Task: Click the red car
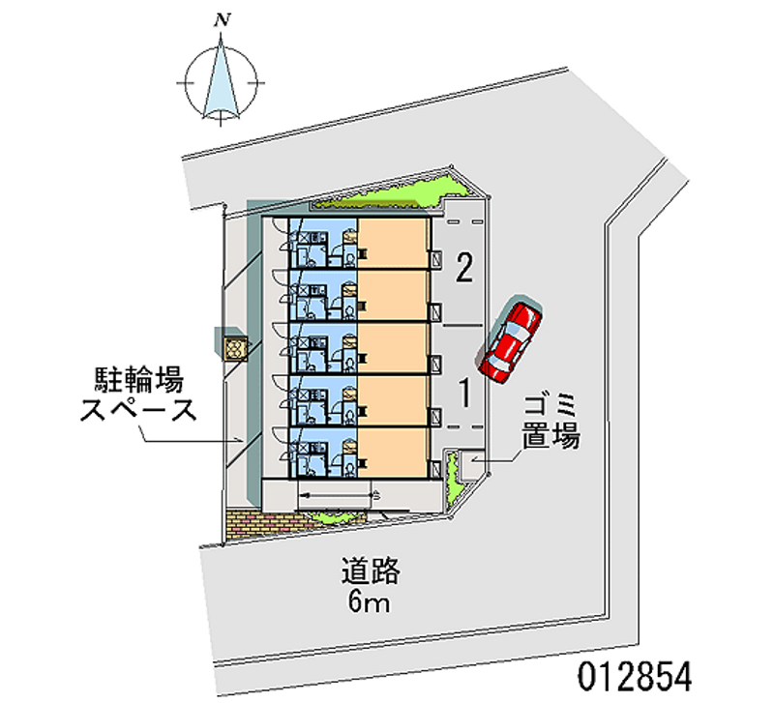pos(512,340)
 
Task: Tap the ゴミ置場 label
pos(551,419)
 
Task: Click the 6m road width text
pos(369,604)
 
